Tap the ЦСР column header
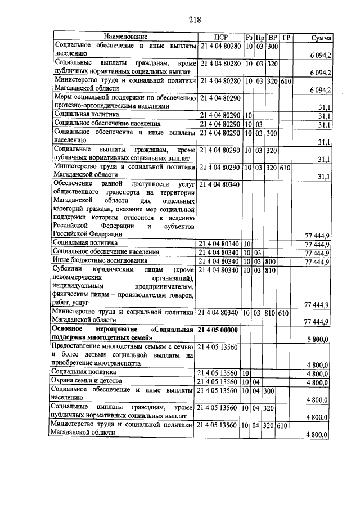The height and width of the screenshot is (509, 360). pos(220,38)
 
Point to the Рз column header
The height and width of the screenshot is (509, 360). pos(248,38)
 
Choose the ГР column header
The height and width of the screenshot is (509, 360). pos(286,38)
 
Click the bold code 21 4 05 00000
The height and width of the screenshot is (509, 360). pos(219,330)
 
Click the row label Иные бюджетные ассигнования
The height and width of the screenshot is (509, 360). pos(92,261)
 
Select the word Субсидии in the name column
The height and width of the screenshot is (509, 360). pos(67,270)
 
